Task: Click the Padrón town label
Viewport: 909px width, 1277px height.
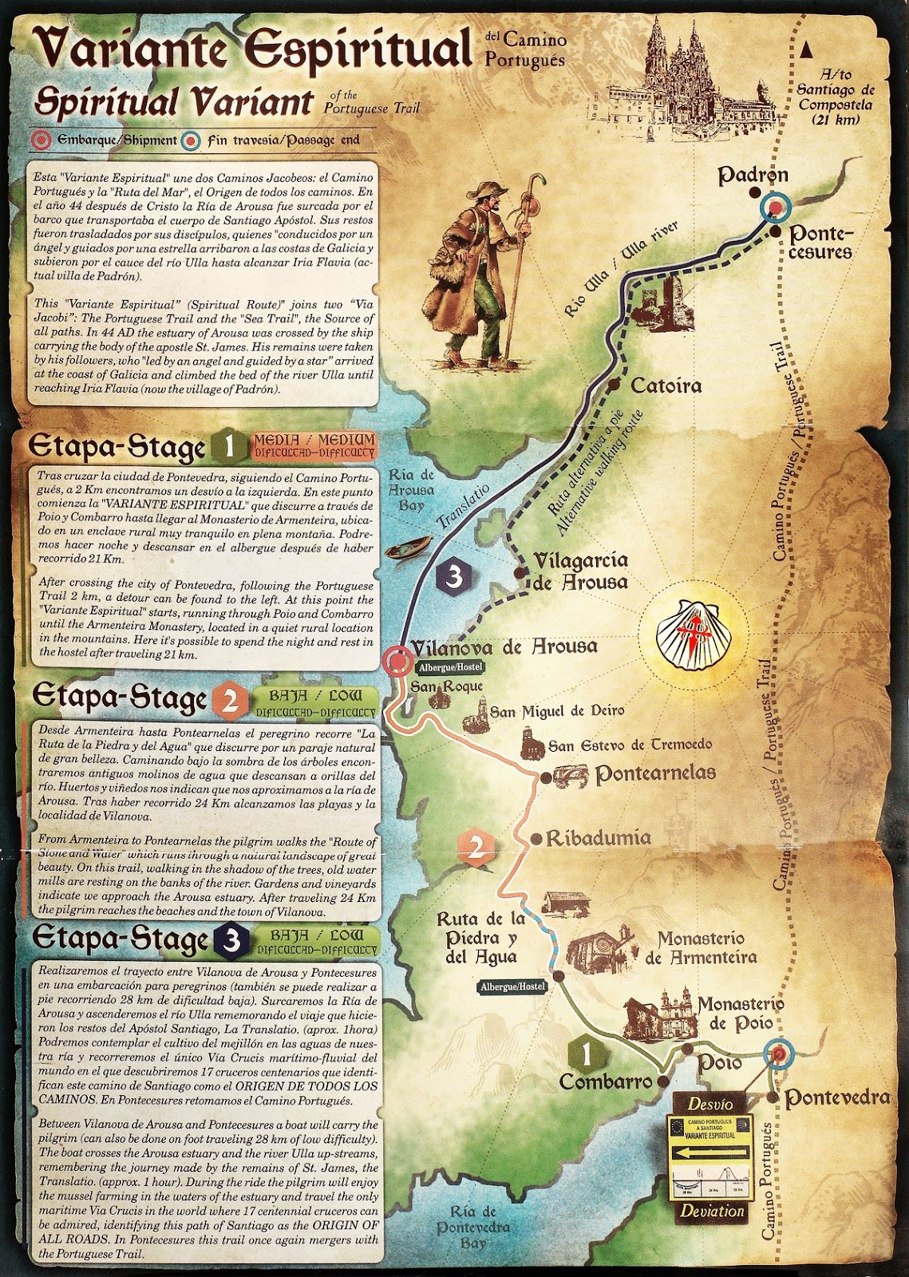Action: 753,175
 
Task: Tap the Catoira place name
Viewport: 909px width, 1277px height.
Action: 666,386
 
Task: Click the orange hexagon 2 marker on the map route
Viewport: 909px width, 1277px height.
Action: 476,847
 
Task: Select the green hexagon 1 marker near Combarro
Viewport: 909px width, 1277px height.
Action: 585,1055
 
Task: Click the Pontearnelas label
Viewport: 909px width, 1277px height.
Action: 655,773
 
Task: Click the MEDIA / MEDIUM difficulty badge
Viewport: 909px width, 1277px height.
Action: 314,445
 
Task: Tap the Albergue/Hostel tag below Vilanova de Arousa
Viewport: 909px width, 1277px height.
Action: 448,667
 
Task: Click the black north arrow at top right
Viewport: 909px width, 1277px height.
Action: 808,49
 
